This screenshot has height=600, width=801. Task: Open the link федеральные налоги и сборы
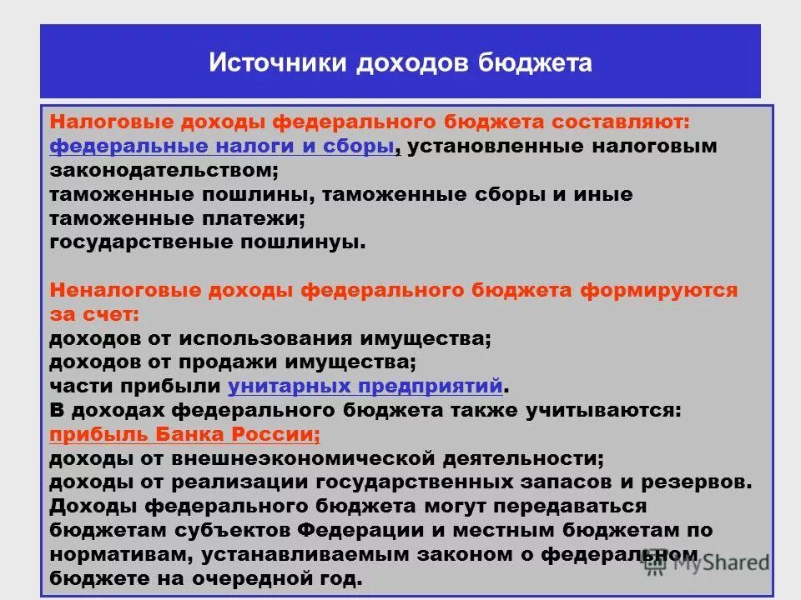click(x=221, y=146)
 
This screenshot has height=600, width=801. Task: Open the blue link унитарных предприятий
click(x=365, y=387)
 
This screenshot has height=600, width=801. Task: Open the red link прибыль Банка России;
click(x=184, y=435)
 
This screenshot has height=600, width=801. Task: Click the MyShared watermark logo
click(x=709, y=563)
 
